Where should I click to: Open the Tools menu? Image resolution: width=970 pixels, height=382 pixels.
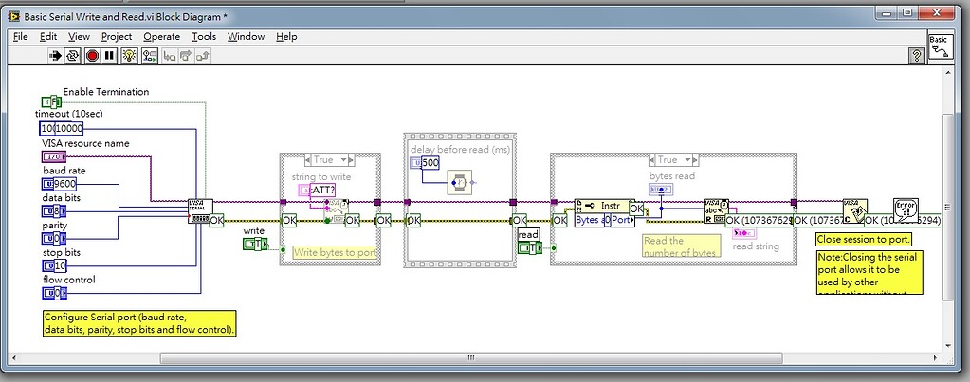tap(204, 36)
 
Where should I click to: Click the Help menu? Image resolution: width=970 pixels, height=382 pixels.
tap(286, 36)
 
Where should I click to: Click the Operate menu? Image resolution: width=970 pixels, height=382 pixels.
tap(161, 36)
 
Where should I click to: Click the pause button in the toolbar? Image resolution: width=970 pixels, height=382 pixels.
tap(110, 56)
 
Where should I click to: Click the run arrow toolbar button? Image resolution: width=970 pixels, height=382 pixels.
tap(56, 56)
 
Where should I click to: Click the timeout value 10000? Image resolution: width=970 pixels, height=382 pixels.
tap(69, 128)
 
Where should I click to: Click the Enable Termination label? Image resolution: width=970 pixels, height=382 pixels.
tap(106, 92)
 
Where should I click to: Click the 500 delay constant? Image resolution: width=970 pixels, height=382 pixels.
tap(430, 163)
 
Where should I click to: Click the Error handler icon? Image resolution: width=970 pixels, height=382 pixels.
tap(906, 209)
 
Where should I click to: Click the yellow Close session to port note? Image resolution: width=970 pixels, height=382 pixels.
tap(864, 239)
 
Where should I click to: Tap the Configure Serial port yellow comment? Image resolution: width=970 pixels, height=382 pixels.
tap(138, 323)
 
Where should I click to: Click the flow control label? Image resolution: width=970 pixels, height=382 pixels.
tap(69, 280)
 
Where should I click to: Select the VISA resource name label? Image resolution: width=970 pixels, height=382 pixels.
tap(82, 143)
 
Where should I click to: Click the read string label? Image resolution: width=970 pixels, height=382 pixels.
tap(756, 246)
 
